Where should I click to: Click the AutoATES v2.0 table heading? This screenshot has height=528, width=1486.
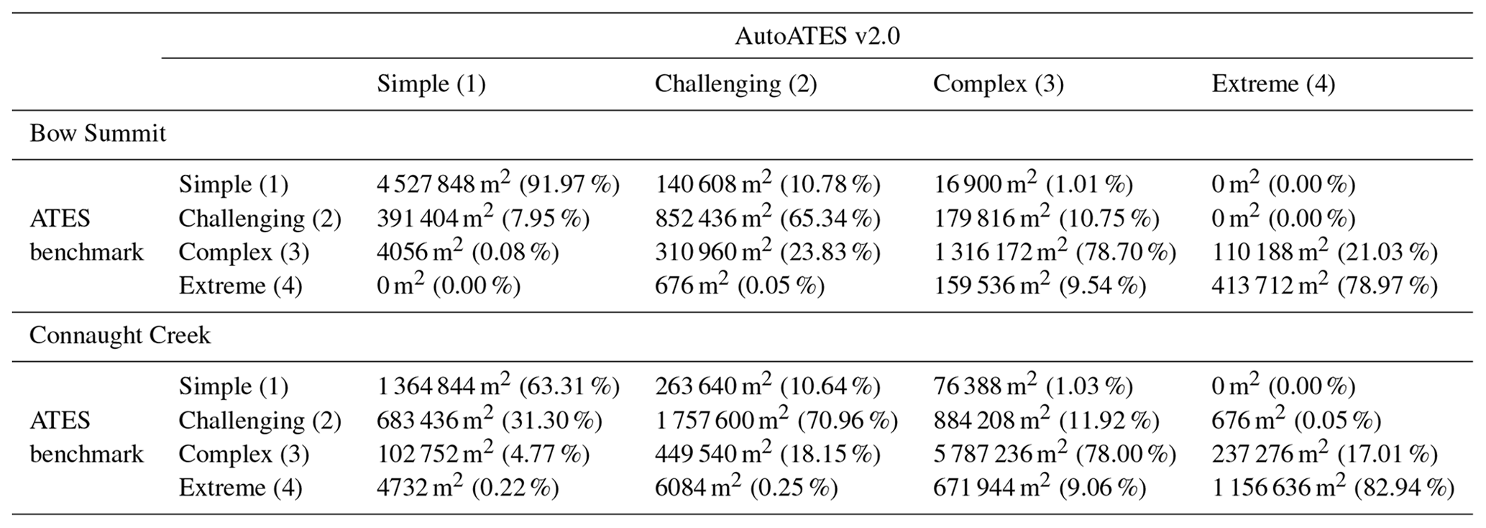[817, 36]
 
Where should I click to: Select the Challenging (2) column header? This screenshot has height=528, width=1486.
[735, 84]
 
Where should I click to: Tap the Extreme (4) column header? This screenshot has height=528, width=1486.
[1272, 84]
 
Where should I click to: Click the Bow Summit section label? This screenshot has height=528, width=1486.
[98, 134]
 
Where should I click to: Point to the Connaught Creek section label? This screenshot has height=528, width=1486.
[120, 336]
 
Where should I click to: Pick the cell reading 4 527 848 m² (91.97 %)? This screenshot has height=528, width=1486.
[497, 185]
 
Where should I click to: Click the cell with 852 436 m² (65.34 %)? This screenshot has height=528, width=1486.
[767, 219]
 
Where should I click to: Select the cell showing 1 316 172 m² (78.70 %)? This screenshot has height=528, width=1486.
[1054, 252]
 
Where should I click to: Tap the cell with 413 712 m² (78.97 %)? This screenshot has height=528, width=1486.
[1324, 286]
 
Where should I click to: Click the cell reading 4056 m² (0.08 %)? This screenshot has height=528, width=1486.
[467, 252]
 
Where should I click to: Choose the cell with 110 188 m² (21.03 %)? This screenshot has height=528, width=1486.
[1324, 252]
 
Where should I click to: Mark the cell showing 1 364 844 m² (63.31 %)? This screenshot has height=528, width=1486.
[497, 387]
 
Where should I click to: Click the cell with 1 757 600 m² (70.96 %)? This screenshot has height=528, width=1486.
[776, 421]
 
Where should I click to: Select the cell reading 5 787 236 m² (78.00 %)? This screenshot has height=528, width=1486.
[1054, 455]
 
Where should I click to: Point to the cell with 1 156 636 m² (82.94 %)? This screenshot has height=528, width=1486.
[1332, 488]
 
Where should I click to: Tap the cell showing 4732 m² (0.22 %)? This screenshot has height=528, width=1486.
[467, 488]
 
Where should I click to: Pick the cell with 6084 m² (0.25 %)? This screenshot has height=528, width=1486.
[746, 488]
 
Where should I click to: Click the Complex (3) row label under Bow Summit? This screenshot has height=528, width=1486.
[244, 252]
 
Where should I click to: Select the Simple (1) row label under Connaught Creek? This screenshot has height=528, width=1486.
[233, 387]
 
